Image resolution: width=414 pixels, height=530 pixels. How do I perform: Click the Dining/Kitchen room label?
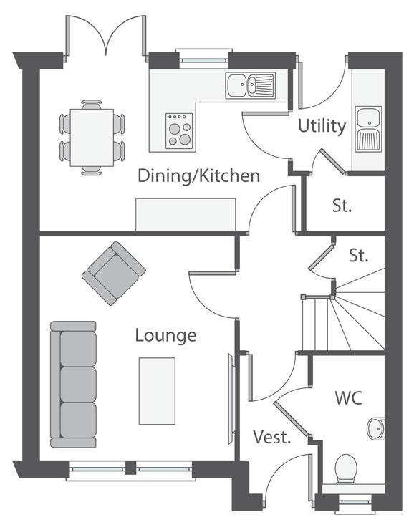(x=198, y=176)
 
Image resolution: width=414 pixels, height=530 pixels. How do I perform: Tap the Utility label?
(x=322, y=126)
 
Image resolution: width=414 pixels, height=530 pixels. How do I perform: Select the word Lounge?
(x=165, y=336)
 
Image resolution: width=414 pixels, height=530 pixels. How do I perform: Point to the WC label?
(x=348, y=397)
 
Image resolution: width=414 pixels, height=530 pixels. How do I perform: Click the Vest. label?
(x=272, y=437)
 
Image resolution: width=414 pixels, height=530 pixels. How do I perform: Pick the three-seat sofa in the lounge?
(x=73, y=385)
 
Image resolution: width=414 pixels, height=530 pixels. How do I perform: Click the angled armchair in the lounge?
(x=114, y=274)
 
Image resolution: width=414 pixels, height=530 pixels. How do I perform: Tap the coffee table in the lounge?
(x=157, y=391)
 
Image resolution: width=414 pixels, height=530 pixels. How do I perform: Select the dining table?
(x=92, y=138)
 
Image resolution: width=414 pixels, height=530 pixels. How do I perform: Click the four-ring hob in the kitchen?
(x=179, y=131)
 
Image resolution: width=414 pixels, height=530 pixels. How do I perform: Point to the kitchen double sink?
(x=251, y=85)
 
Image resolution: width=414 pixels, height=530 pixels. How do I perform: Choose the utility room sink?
(x=368, y=129)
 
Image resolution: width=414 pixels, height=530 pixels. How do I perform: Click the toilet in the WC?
(x=346, y=468)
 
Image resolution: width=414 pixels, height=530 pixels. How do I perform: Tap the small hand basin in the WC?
(x=376, y=428)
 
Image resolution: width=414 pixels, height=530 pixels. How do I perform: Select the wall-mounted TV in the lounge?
(x=231, y=399)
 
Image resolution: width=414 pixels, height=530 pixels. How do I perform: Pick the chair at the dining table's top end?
(x=92, y=105)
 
